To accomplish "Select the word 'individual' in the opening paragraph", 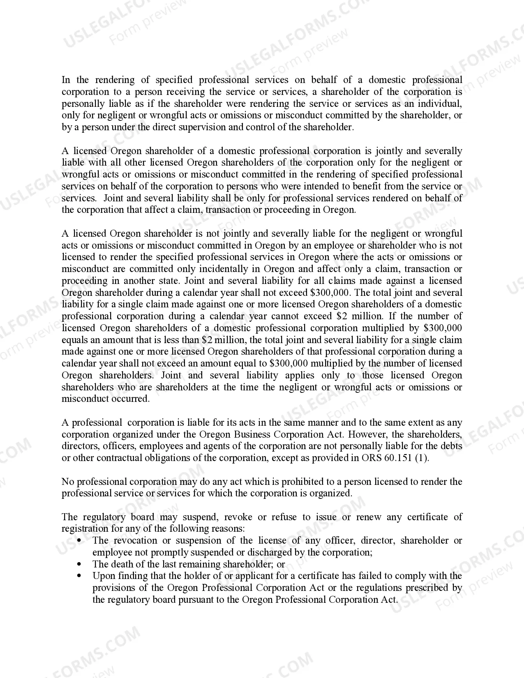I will [x=440, y=104].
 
